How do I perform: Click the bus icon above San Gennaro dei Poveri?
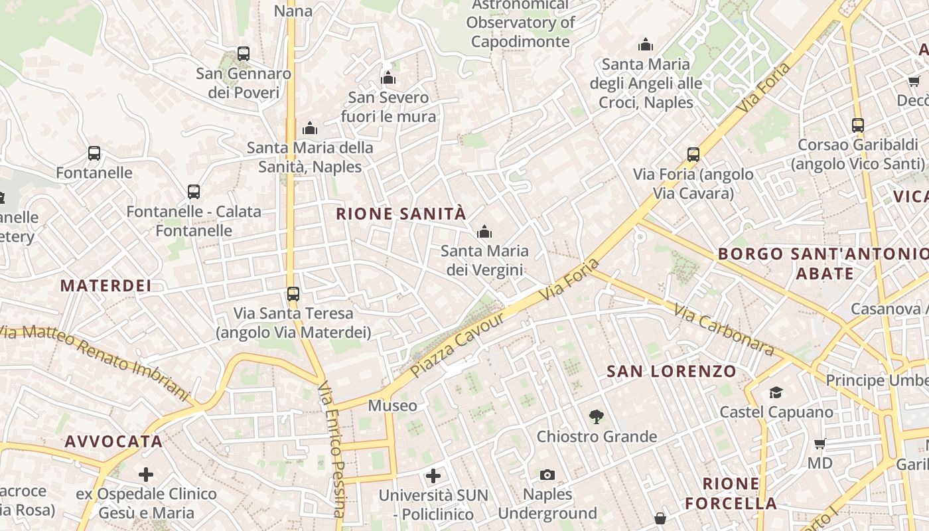click(x=244, y=54)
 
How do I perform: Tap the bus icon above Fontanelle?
click(x=94, y=153)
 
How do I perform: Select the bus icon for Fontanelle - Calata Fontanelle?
click(x=194, y=192)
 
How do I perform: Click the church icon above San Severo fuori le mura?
click(x=388, y=78)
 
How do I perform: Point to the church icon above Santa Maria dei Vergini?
click(x=484, y=232)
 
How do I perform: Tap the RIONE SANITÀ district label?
click(x=401, y=214)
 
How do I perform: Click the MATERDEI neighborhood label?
click(x=106, y=286)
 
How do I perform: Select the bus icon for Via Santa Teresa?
click(x=293, y=293)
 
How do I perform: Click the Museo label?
click(x=393, y=406)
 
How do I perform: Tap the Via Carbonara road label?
click(x=724, y=329)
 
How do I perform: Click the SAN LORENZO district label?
click(x=672, y=372)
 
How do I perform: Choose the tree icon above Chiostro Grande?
click(x=597, y=417)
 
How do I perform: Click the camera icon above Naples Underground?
click(x=547, y=475)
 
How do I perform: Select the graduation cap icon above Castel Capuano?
click(x=776, y=393)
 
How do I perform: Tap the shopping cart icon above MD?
click(x=820, y=443)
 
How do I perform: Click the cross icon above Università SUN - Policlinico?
click(x=433, y=475)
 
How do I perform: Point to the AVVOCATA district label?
click(x=113, y=442)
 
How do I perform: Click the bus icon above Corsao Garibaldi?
click(x=858, y=125)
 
